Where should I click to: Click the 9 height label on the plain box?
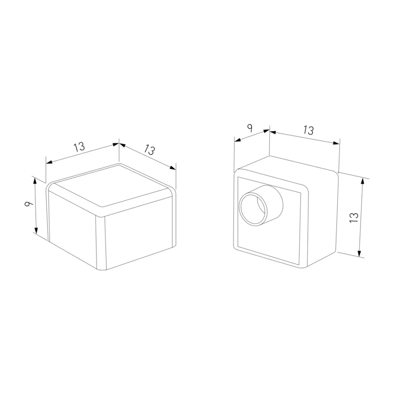point(29,203)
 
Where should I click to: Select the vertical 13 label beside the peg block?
point(354,217)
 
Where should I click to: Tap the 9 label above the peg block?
point(250,128)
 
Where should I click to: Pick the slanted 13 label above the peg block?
point(309,130)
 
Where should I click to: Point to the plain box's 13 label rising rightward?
point(79,147)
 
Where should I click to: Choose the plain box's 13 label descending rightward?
point(150,150)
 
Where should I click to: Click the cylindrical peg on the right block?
point(262,205)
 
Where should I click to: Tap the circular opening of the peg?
point(253,209)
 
